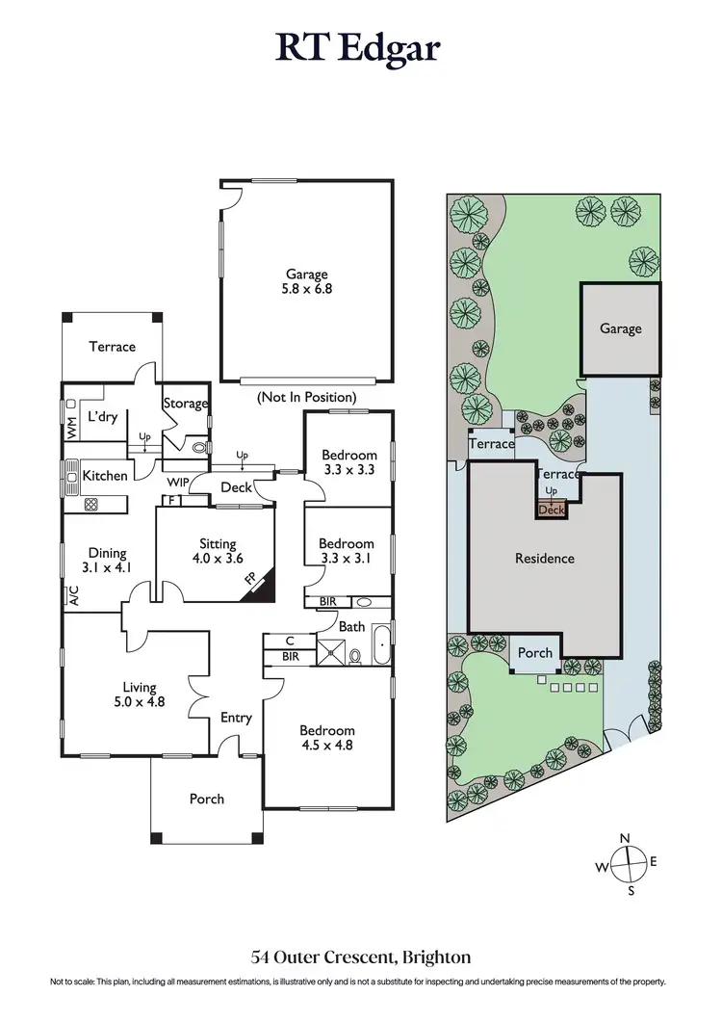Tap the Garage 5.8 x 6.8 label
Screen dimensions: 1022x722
[x=306, y=281]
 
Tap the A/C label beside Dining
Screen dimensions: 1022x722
[x=73, y=596]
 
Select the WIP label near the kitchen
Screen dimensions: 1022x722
[x=177, y=482]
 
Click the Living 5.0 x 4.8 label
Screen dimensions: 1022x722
[x=143, y=694]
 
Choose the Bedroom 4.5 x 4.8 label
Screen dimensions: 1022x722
[x=327, y=738]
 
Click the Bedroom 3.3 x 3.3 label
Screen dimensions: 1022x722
[x=348, y=462]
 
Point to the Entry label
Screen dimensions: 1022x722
[x=236, y=718]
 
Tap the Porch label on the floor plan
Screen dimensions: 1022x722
[x=206, y=799]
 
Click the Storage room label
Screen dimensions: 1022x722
[x=185, y=404]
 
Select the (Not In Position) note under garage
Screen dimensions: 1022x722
[x=306, y=397]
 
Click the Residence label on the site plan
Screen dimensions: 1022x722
[x=544, y=558]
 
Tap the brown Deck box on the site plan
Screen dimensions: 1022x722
[x=552, y=511]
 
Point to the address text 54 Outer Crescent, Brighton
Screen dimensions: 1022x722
[x=360, y=957]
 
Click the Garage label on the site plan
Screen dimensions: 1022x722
[x=620, y=328]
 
